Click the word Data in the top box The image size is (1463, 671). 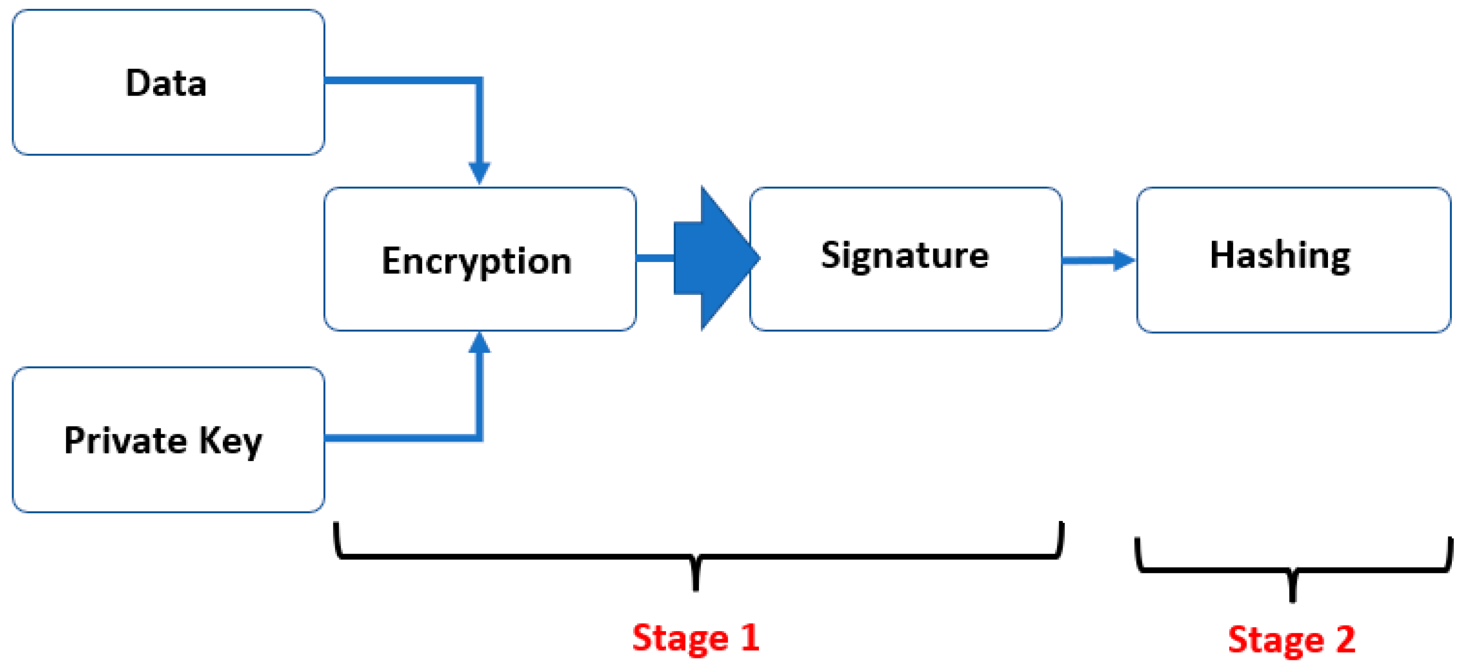(x=165, y=83)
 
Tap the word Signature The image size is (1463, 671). (x=905, y=256)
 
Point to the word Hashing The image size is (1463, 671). (x=1280, y=256)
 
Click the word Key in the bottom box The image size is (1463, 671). (x=231, y=441)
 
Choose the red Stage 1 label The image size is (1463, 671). (x=696, y=638)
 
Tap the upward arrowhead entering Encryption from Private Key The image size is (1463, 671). (x=479, y=344)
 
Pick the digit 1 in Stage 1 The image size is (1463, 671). (x=750, y=637)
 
